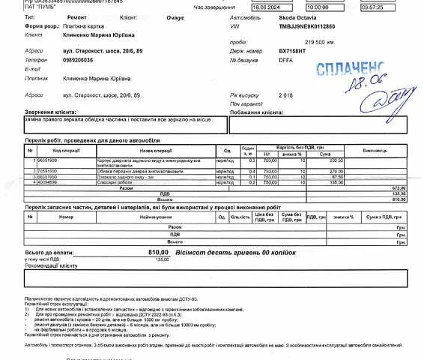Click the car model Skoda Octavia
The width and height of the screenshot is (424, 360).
tap(297, 16)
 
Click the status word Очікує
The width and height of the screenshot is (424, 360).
tap(156, 16)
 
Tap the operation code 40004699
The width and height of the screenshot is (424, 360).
tap(46, 181)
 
